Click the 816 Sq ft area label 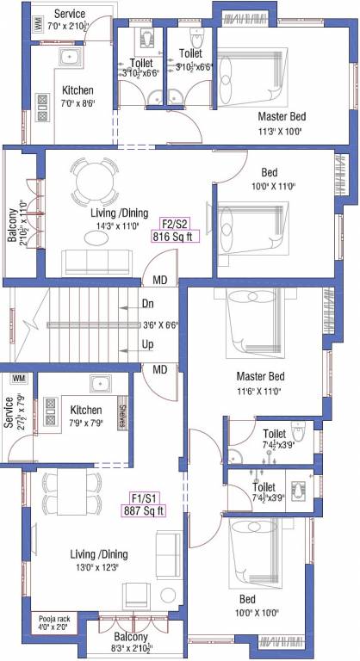point(173,237)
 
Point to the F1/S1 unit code point(144,497)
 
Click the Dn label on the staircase point(149,304)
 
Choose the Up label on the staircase point(149,345)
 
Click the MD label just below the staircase point(159,369)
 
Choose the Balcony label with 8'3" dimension point(128,615)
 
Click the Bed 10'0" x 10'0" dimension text point(270,613)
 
